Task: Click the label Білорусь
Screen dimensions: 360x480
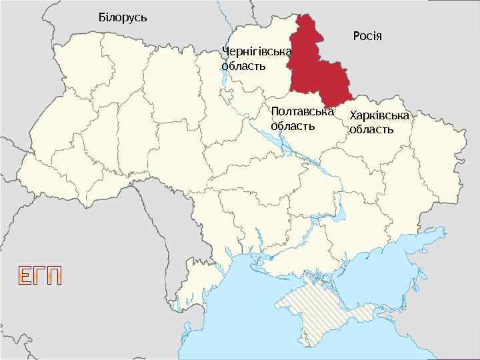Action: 122,16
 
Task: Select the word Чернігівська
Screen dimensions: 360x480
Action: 257,52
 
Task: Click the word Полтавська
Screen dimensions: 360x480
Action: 302,111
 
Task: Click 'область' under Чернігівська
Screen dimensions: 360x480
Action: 243,66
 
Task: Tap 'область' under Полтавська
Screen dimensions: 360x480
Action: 293,125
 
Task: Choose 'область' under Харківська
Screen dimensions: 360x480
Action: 371,129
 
